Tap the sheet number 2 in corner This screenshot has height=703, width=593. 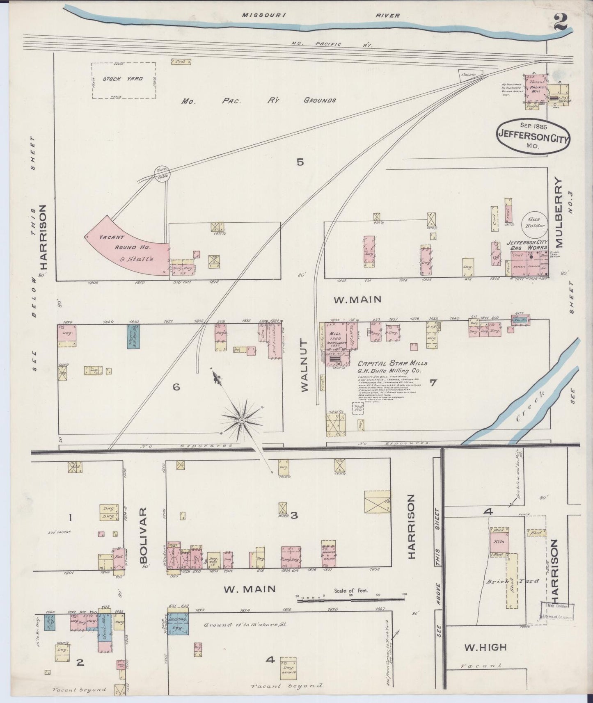560,21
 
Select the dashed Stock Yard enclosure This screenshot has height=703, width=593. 124,80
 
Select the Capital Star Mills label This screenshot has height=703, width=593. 392,363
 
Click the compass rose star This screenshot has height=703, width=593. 242,420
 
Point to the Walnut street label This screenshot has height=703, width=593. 305,365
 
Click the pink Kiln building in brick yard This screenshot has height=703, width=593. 499,540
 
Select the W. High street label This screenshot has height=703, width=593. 485,647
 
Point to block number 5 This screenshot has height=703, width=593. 300,162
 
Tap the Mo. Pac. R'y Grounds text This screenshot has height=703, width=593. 259,100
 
